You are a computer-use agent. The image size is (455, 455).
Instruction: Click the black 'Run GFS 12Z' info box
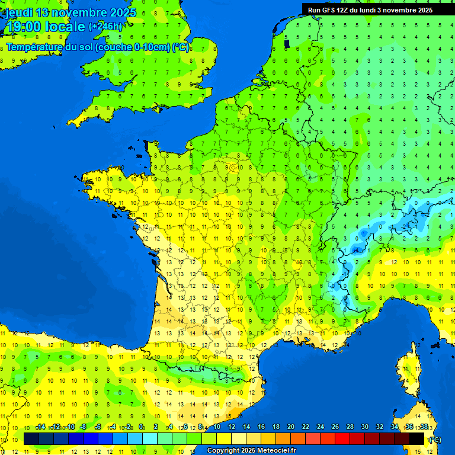click(x=370, y=9)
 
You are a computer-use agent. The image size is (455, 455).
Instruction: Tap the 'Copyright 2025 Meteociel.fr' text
click(x=251, y=451)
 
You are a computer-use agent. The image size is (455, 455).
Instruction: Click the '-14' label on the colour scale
click(x=40, y=427)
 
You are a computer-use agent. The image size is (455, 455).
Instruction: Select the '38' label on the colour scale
click(x=424, y=427)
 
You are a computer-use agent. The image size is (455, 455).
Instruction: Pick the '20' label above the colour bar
click(x=291, y=427)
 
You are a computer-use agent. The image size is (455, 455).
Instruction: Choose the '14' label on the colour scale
click(x=246, y=427)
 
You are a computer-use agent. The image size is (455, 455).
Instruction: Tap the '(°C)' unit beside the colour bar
click(x=435, y=440)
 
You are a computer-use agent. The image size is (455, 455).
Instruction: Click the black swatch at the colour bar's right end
click(x=416, y=438)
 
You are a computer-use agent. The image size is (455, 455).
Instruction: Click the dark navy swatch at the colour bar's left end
click(x=31, y=438)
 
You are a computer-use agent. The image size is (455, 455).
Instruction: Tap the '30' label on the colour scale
click(x=365, y=427)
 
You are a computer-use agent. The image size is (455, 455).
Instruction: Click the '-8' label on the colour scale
click(x=84, y=427)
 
